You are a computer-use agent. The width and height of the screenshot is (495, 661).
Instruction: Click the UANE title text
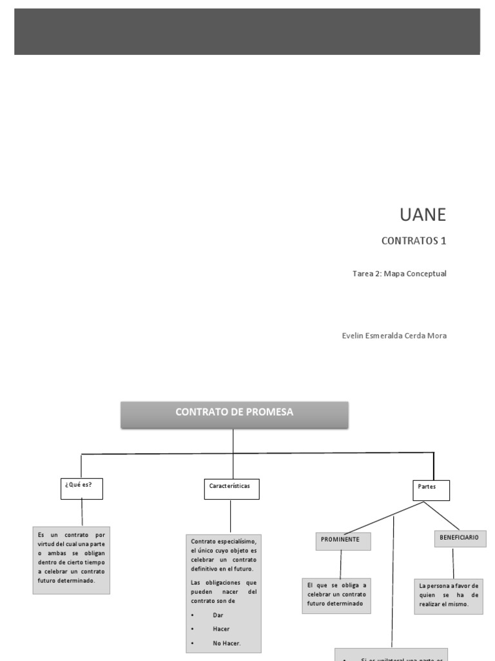(x=423, y=215)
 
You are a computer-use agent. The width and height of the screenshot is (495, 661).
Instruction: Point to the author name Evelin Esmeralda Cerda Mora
(x=394, y=336)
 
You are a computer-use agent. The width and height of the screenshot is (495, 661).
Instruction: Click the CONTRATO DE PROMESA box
(x=235, y=414)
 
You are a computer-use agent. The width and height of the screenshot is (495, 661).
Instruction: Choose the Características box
(x=230, y=489)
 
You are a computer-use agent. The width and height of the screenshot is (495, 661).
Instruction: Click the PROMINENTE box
(x=343, y=540)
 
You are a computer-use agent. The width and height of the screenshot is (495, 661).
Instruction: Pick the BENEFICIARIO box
(x=460, y=538)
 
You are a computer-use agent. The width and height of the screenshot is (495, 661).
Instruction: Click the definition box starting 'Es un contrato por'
(x=71, y=558)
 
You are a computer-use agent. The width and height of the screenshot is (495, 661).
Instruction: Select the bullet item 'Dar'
(x=218, y=615)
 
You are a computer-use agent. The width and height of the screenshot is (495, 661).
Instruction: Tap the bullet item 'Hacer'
(x=221, y=629)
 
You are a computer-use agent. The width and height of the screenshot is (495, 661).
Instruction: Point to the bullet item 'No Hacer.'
(x=226, y=643)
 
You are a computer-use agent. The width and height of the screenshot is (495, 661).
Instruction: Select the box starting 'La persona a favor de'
(x=449, y=595)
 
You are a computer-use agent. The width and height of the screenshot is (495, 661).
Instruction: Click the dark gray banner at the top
(x=247, y=32)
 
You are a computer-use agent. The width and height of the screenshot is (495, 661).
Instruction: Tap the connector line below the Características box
(x=230, y=516)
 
